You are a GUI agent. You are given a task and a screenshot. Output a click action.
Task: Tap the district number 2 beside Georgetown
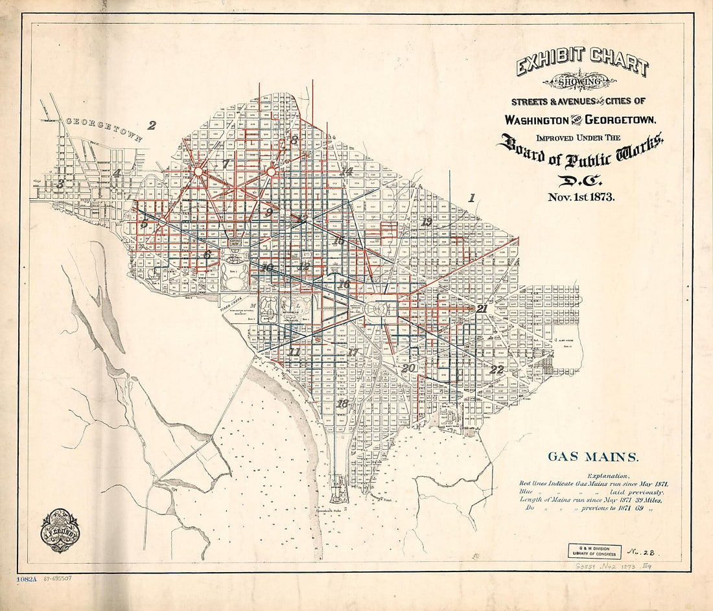click(x=152, y=125)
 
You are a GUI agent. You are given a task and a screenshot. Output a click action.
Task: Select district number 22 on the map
click(x=497, y=370)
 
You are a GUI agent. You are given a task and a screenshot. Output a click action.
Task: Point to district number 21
click(x=482, y=309)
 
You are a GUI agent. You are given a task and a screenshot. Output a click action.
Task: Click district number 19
click(x=426, y=222)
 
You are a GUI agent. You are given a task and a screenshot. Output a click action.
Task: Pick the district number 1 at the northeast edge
click(x=472, y=198)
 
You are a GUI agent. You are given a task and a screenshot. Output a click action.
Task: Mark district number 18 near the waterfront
click(x=343, y=404)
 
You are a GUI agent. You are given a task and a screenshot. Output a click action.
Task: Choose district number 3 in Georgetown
click(x=60, y=184)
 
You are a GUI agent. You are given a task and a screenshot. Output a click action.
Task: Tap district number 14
click(x=347, y=172)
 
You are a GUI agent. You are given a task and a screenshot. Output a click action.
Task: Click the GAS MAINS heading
click(x=592, y=457)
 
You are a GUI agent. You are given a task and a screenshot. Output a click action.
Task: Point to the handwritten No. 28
click(x=642, y=552)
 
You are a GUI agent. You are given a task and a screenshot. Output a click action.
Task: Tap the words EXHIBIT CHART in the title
click(x=582, y=66)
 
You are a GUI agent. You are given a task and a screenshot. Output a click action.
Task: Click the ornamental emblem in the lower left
click(x=60, y=530)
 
